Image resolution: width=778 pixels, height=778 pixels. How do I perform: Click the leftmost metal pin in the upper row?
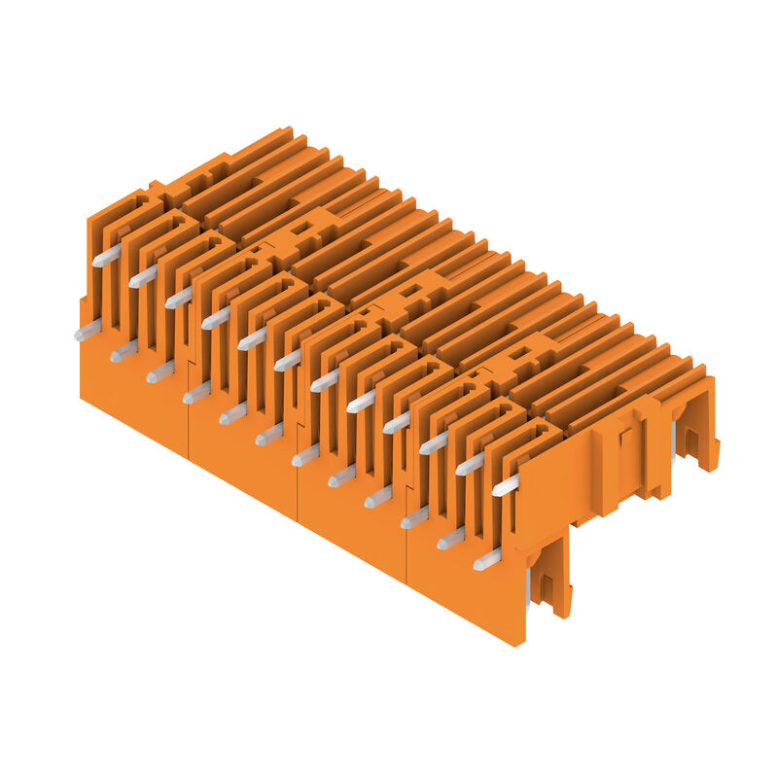107,256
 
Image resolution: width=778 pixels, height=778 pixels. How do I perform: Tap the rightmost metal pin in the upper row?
506,484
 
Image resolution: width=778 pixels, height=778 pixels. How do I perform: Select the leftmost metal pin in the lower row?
87,331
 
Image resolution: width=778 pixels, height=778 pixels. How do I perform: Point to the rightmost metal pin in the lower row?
487,559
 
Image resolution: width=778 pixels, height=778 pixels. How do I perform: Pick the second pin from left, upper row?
143,277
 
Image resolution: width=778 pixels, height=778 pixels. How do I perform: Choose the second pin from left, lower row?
124,351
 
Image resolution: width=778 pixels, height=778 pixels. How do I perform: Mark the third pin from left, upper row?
179,297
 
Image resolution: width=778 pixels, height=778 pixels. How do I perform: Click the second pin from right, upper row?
470,464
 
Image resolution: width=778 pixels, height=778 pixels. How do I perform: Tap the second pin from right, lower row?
451,538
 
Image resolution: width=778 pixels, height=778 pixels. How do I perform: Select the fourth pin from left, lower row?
196,392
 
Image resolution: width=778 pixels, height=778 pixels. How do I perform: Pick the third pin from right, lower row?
415,517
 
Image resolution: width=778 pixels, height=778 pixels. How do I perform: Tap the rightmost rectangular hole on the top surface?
521,353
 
